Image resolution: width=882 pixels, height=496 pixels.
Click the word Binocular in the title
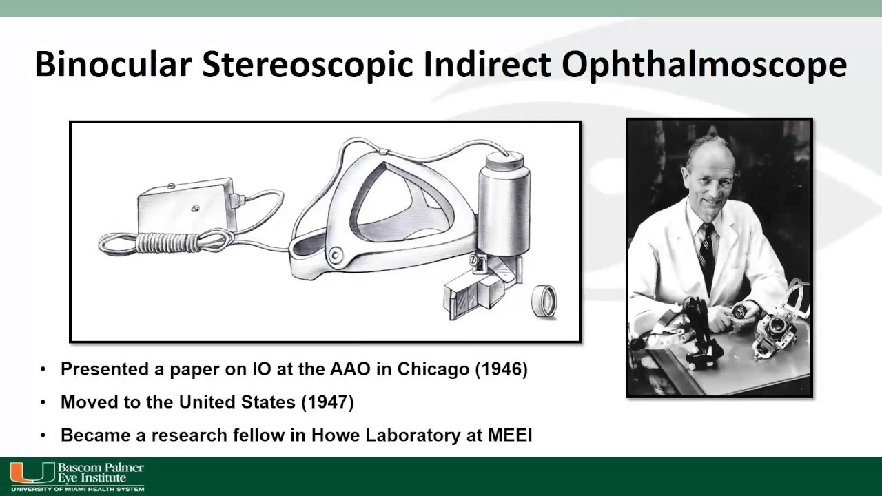click(112, 65)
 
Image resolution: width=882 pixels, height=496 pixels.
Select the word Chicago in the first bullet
click(433, 369)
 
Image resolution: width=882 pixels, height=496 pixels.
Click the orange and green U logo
click(32, 473)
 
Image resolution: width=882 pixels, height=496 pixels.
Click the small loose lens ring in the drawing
click(544, 302)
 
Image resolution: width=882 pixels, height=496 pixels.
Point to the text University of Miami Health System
click(77, 489)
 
